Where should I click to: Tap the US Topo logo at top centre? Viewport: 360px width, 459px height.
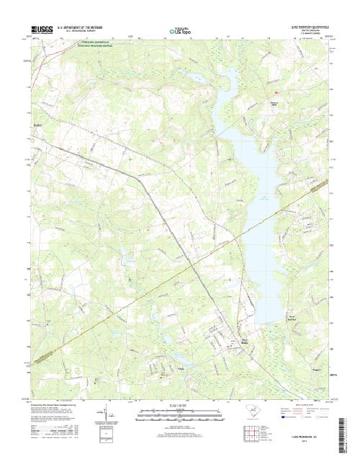tap(180, 32)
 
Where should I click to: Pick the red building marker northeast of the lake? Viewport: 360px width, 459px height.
tap(274, 92)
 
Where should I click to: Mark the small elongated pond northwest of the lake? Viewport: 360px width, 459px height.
tap(193, 75)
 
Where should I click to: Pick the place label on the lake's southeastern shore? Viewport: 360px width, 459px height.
tap(292, 318)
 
